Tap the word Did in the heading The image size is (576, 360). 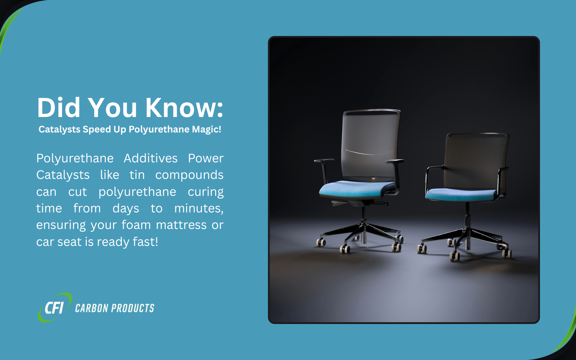pyautogui.click(x=59, y=108)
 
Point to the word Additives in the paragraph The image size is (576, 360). pyautogui.click(x=150, y=158)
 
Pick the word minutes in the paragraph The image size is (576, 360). pyautogui.click(x=199, y=208)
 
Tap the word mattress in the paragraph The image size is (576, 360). pyautogui.click(x=181, y=225)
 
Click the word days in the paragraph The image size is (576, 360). pyautogui.click(x=126, y=208)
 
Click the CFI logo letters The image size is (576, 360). pyautogui.click(x=54, y=308)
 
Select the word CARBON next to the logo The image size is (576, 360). pyautogui.click(x=91, y=308)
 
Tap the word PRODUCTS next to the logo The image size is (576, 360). pyautogui.click(x=132, y=308)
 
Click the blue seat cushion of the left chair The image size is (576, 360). pyautogui.click(x=356, y=189)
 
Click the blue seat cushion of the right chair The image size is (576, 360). pyautogui.click(x=461, y=195)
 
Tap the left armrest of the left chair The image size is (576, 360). pyautogui.click(x=324, y=167)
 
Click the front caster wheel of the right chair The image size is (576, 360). pyautogui.click(x=455, y=256)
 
